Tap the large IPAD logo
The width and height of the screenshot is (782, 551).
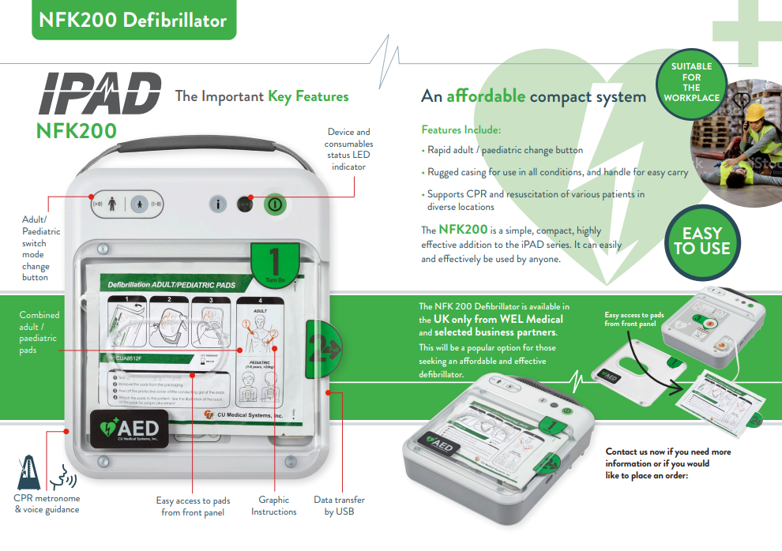click(100, 94)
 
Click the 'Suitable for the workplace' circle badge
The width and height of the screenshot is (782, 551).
click(691, 82)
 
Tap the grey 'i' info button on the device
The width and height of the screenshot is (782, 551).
click(219, 203)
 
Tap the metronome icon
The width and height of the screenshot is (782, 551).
click(31, 472)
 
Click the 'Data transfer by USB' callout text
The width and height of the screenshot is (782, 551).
click(339, 505)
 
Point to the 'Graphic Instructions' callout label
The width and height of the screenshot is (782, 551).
click(274, 505)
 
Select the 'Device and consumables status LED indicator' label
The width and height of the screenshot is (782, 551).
click(348, 149)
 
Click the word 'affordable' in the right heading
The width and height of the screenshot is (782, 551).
click(485, 96)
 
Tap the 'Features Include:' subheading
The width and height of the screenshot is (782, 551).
click(461, 129)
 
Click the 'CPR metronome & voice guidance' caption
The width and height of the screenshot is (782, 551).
click(47, 504)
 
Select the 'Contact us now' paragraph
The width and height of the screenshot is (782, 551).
click(668, 463)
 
